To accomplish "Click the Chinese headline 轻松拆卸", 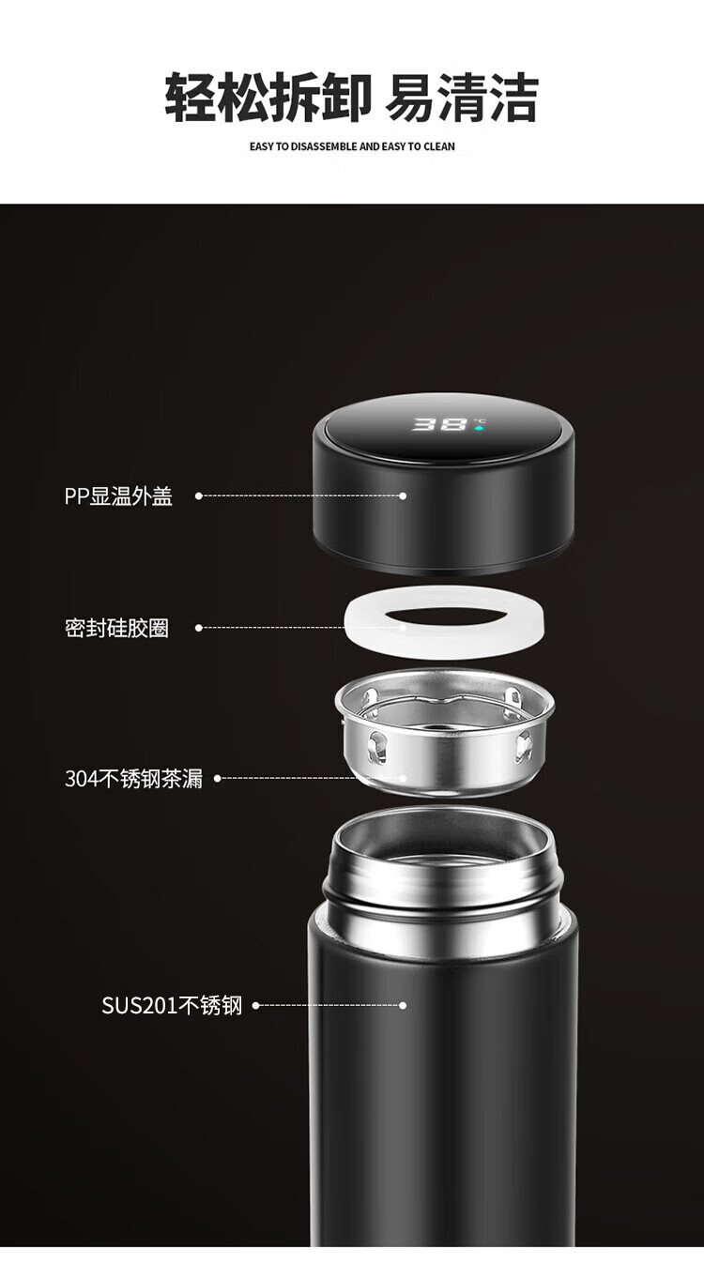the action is [x=268, y=97].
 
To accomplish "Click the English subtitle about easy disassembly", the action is [x=352, y=146].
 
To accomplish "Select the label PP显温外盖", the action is [x=118, y=495].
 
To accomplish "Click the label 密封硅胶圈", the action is [x=117, y=628].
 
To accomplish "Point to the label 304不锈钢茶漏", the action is [x=133, y=778].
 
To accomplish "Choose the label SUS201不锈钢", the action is [x=172, y=1006].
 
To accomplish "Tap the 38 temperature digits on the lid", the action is [x=439, y=424].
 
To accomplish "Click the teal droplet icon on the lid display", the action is [x=480, y=427].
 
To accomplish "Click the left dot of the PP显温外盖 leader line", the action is [x=199, y=495].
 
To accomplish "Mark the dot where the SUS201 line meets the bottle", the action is [x=403, y=1006].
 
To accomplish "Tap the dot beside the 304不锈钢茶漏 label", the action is [x=217, y=778].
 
